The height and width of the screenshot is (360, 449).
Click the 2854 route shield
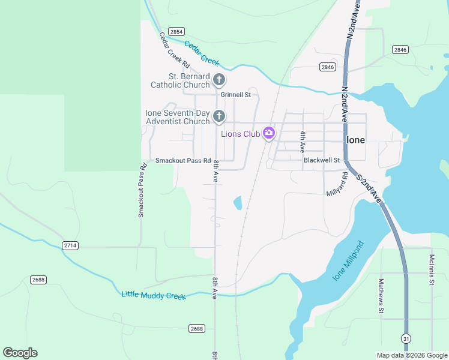(176, 31)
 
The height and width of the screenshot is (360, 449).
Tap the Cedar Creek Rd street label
(175, 50)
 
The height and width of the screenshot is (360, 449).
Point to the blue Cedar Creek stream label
(202, 53)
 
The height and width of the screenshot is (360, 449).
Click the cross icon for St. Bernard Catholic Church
(220, 79)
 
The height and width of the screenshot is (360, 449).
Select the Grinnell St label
(235, 95)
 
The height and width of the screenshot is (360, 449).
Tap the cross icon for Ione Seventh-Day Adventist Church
(220, 115)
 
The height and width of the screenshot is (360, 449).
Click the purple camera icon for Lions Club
(269, 133)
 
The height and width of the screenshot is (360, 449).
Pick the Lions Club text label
(241, 134)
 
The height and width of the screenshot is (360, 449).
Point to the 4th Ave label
(303, 142)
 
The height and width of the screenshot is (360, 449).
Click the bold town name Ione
(355, 139)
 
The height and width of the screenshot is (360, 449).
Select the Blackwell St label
(322, 160)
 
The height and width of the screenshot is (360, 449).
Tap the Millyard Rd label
(337, 184)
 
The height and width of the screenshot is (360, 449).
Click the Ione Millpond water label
(348, 262)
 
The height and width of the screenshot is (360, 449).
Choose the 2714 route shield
(70, 245)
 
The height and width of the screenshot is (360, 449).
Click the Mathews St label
(381, 296)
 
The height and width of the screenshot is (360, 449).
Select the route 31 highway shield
(408, 339)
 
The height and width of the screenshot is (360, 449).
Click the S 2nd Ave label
(369, 188)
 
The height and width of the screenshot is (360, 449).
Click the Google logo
(20, 353)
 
